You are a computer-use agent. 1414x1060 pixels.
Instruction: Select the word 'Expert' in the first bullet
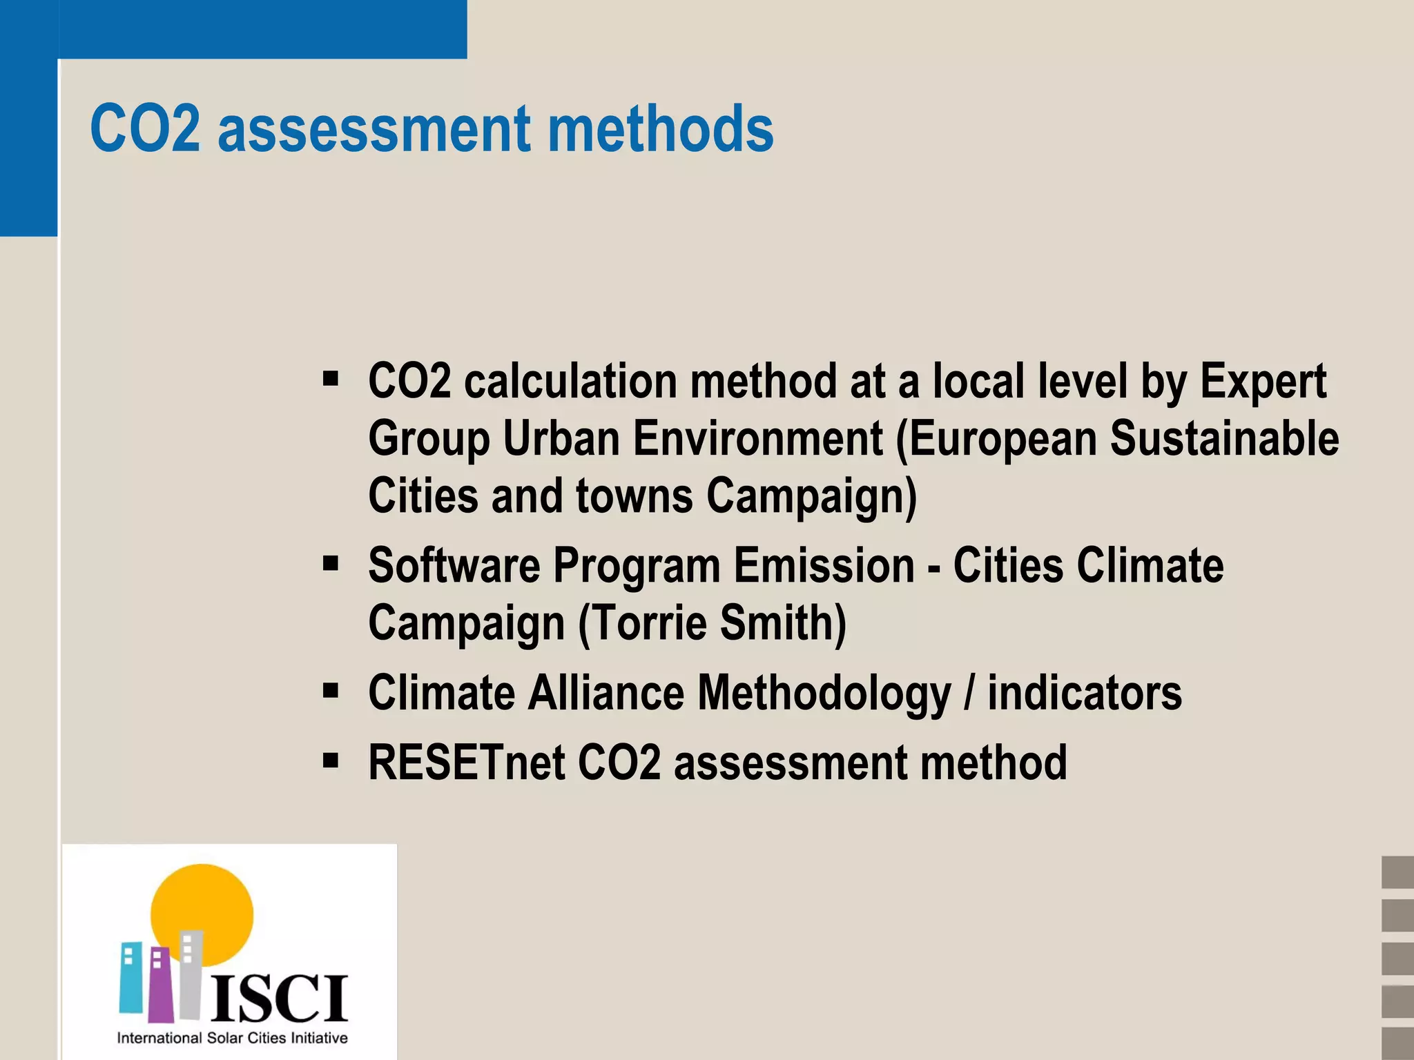(1263, 381)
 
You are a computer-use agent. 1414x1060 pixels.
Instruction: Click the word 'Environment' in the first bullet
(757, 439)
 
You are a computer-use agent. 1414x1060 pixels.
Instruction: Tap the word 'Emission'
(824, 565)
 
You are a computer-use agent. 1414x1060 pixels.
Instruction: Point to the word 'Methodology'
(824, 694)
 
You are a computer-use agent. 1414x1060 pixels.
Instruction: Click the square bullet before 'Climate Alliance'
(331, 690)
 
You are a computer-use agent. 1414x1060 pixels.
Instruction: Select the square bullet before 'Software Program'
(331, 564)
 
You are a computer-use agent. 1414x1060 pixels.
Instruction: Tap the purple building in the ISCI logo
(159, 983)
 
